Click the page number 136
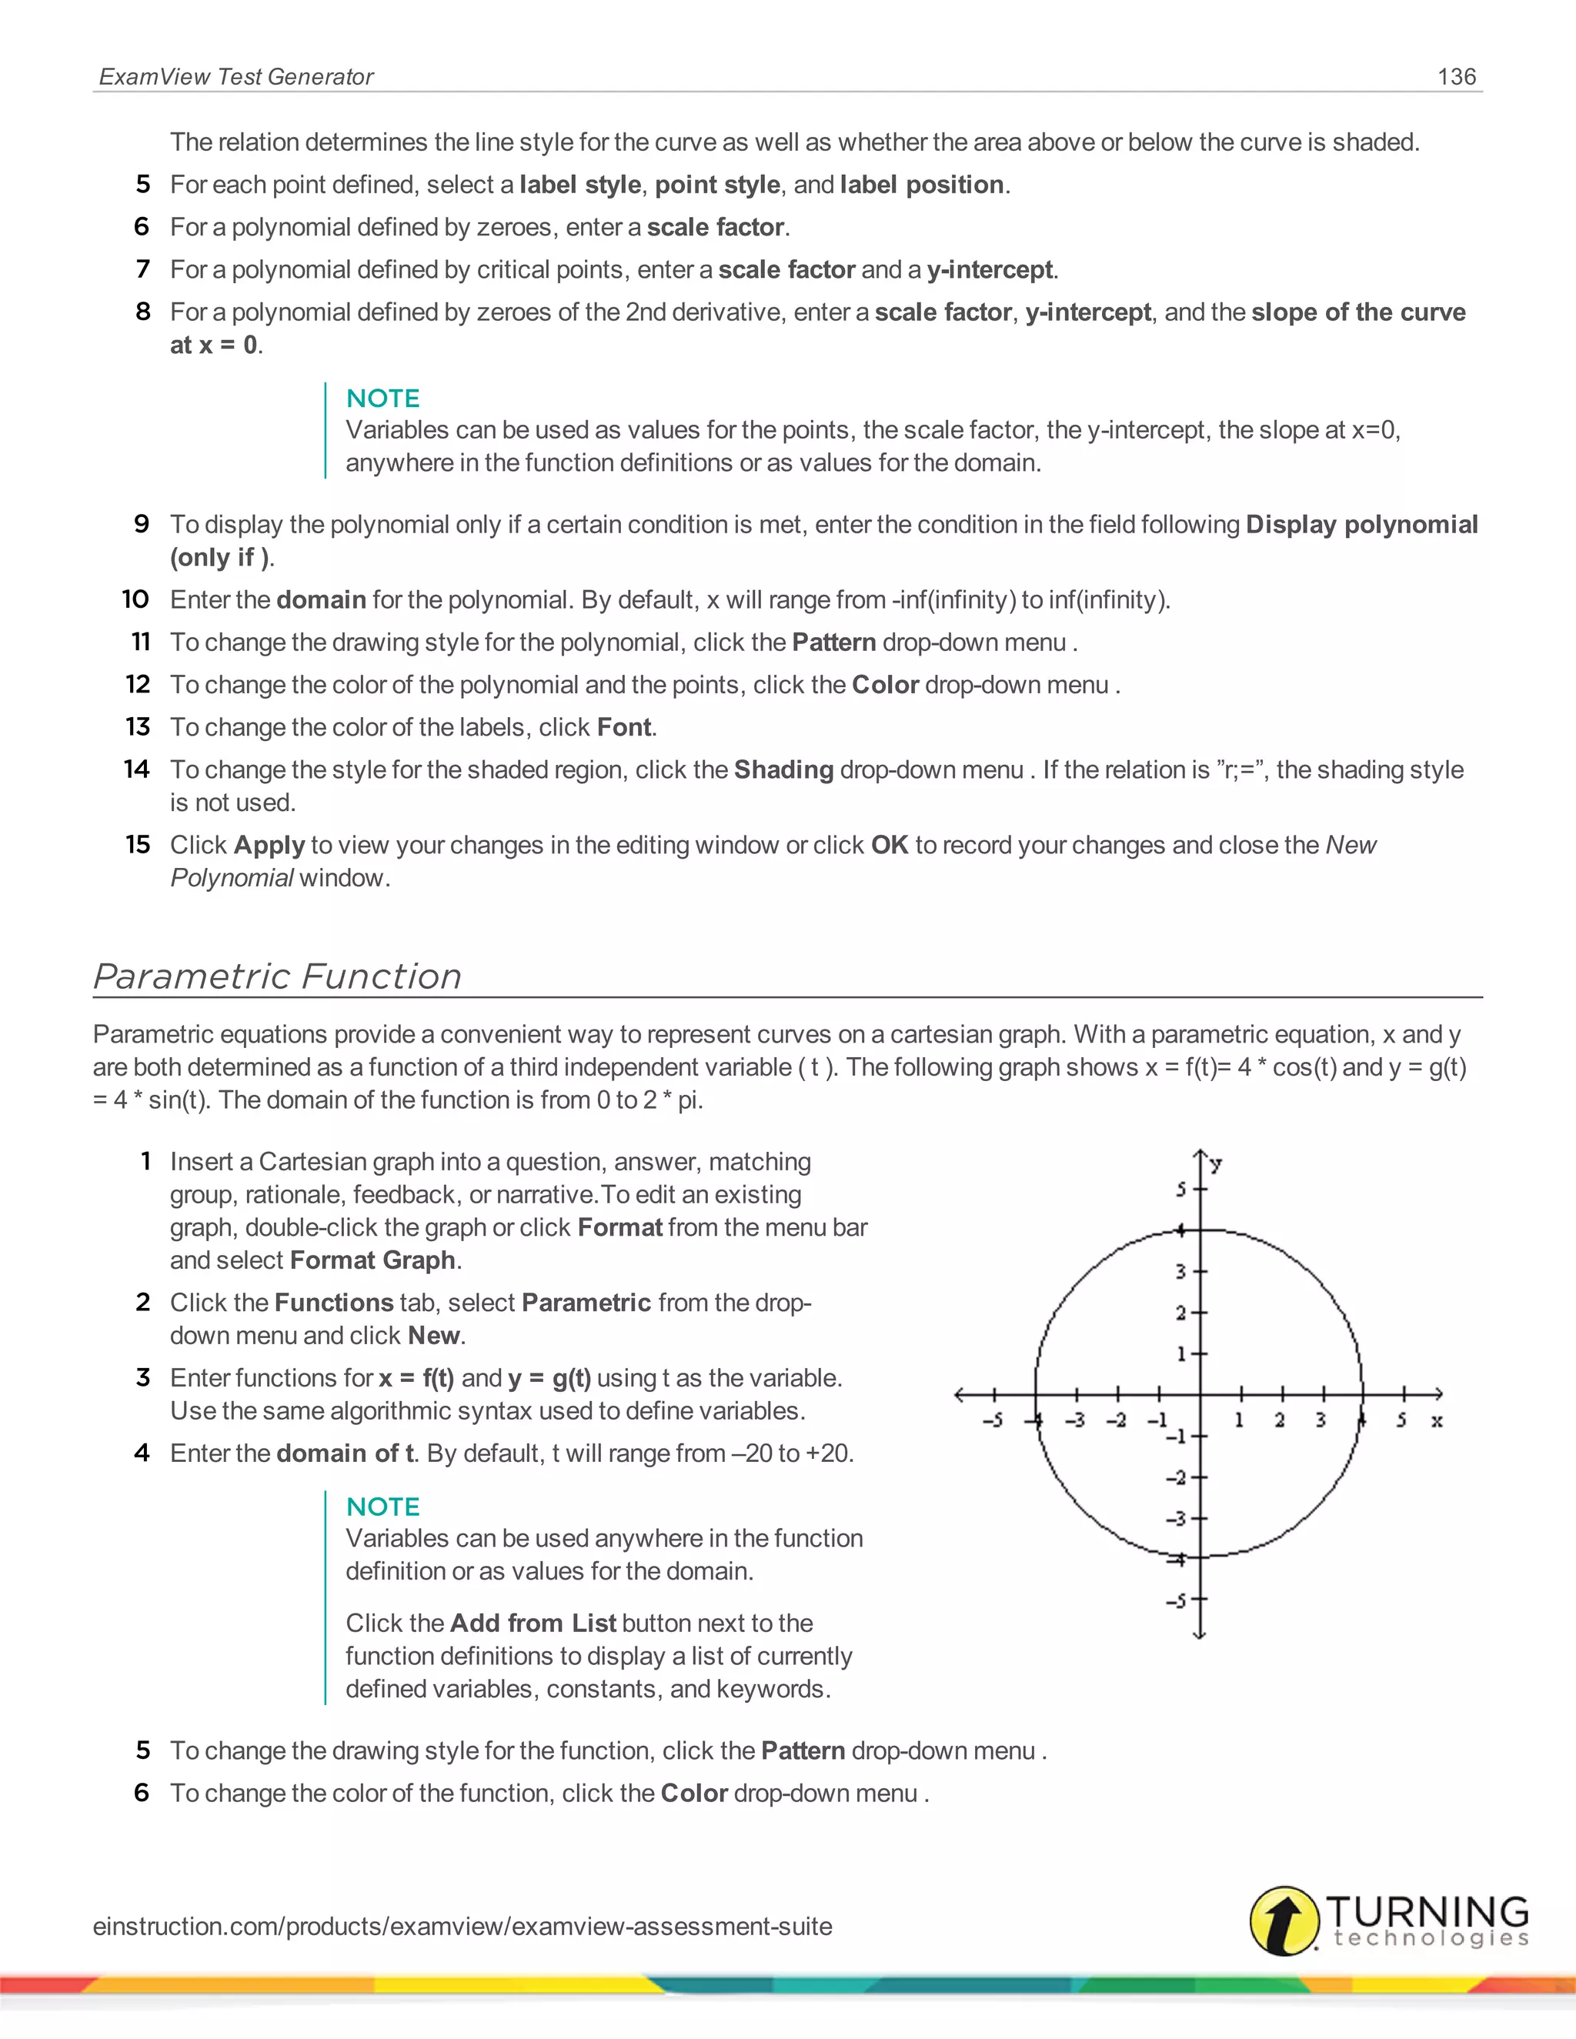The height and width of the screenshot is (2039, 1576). pyautogui.click(x=1457, y=76)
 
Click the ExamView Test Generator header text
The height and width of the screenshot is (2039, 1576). pyautogui.click(x=236, y=76)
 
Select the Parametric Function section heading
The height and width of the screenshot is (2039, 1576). pyautogui.click(x=277, y=976)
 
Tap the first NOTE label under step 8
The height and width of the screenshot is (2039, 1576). pyautogui.click(x=382, y=399)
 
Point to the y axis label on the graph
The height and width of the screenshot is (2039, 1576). pyautogui.click(x=1216, y=1163)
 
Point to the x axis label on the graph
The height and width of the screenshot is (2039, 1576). pyautogui.click(x=1437, y=1421)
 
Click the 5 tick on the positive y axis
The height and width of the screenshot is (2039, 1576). pyautogui.click(x=1182, y=1190)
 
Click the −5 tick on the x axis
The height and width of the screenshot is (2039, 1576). pyautogui.click(x=993, y=1420)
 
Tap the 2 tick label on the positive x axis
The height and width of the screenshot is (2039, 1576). pyautogui.click(x=1280, y=1420)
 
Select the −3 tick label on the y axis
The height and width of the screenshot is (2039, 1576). pyautogui.click(x=1177, y=1519)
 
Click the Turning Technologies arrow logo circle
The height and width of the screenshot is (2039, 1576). pyautogui.click(x=1284, y=1921)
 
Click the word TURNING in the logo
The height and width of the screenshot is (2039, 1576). pyautogui.click(x=1427, y=1911)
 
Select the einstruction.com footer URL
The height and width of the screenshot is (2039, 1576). pyautogui.click(x=462, y=1926)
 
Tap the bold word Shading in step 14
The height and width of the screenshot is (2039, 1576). pyautogui.click(x=783, y=770)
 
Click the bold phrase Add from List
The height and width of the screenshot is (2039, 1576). pyautogui.click(x=533, y=1624)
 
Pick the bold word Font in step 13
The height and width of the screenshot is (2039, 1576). pyautogui.click(x=623, y=727)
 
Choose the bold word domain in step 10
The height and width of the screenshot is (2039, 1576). pyautogui.click(x=321, y=599)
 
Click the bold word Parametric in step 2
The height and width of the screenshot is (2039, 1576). pyautogui.click(x=586, y=1303)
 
